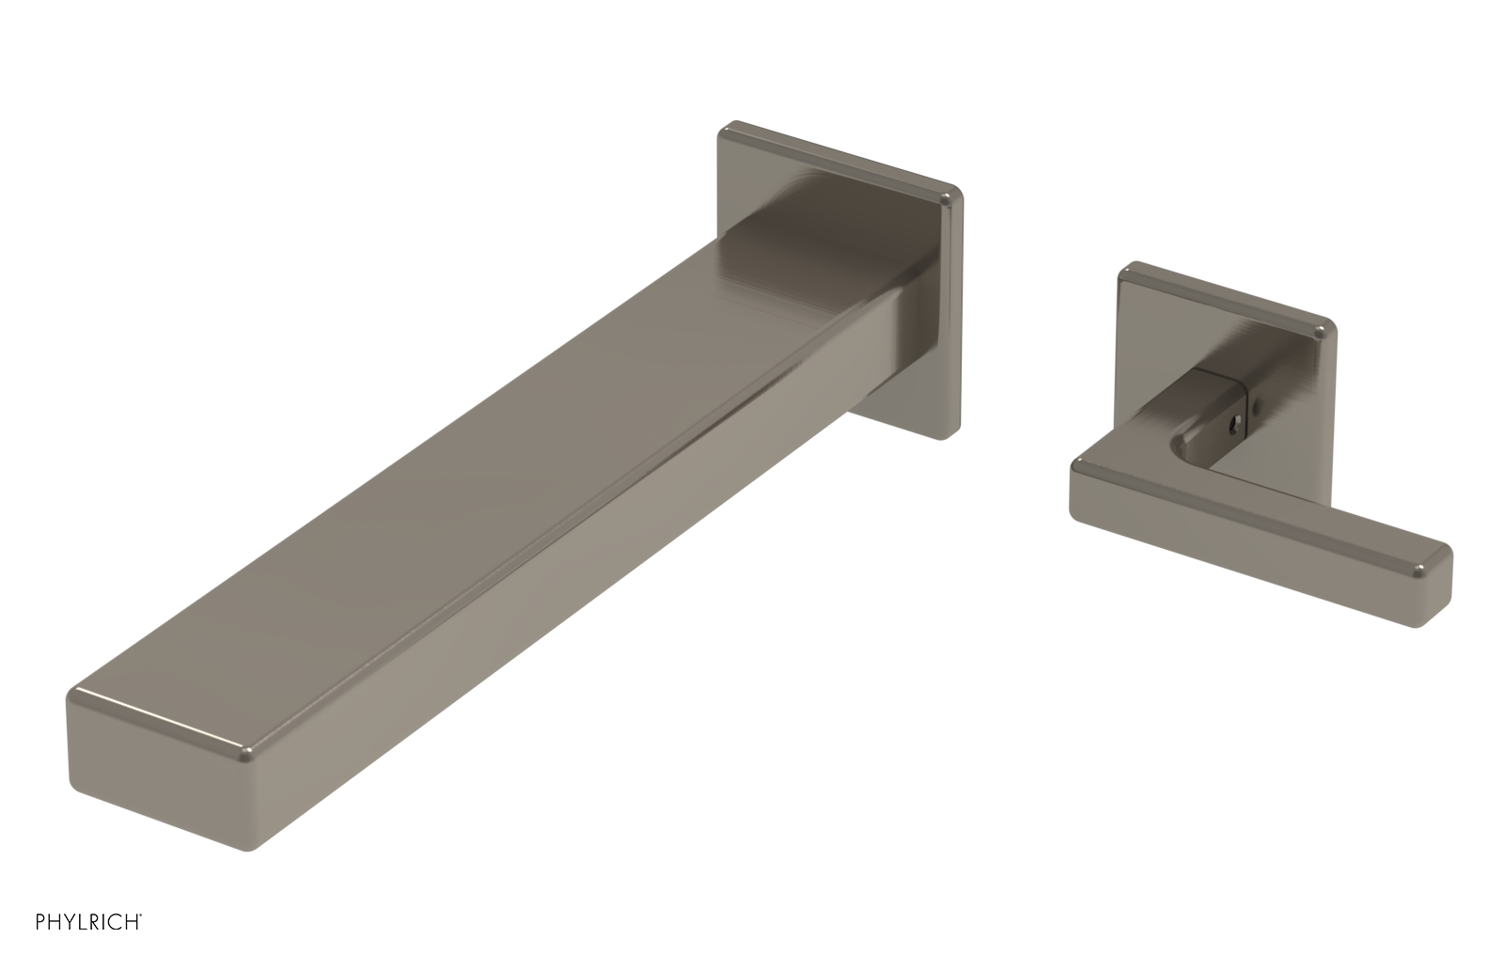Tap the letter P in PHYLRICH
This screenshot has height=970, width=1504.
tap(40, 922)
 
